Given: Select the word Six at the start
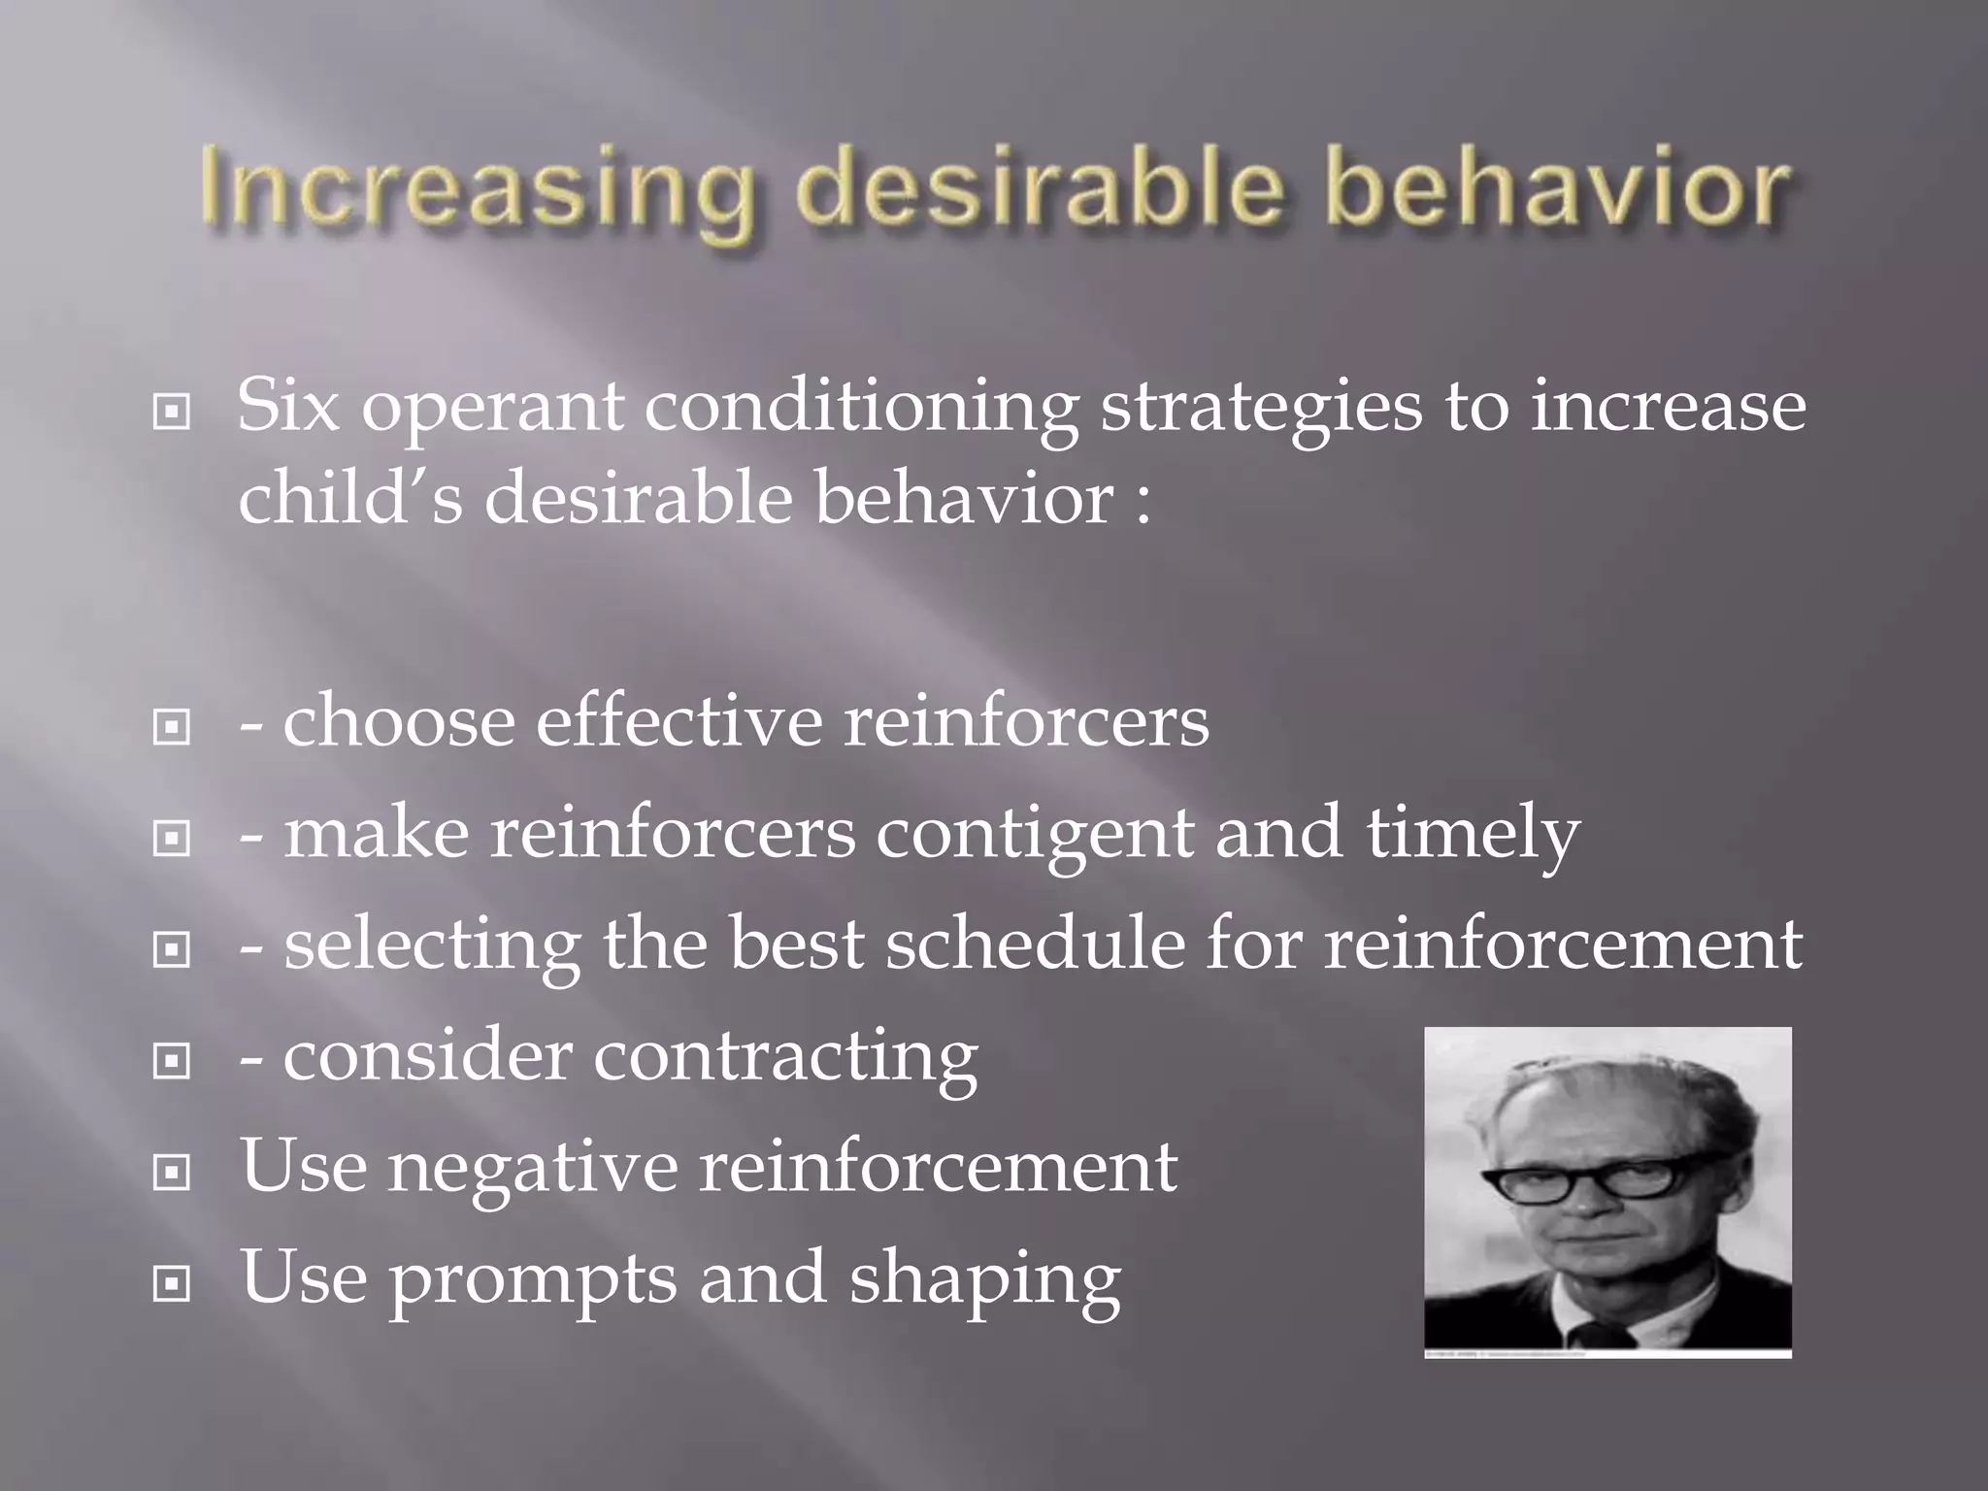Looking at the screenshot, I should [288, 405].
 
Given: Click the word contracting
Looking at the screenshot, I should [785, 1057].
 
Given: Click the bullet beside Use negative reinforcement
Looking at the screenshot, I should [172, 1174].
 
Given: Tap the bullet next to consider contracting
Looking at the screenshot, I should [172, 1062].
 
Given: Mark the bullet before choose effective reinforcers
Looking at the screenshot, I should [172, 727].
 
